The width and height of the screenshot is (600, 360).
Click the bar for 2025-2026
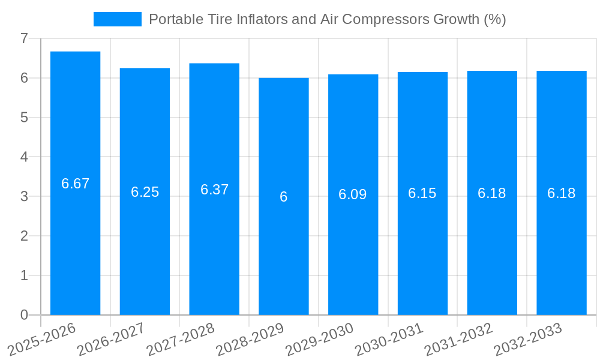click(x=75, y=240)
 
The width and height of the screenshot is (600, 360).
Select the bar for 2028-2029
click(x=284, y=252)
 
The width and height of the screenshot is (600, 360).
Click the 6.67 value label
click(x=75, y=184)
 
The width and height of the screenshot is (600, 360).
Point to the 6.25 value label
click(x=145, y=192)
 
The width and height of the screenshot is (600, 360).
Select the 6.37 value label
click(x=214, y=190)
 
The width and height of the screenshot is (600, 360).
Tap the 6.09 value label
click(x=353, y=194)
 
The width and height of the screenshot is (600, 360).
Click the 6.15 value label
click(x=422, y=193)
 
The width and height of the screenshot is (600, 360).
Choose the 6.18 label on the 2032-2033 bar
click(x=561, y=193)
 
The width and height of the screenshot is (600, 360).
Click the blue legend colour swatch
click(x=118, y=19)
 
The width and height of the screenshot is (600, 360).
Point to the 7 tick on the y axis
click(x=24, y=38)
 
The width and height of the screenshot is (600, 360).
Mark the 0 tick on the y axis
click(x=24, y=315)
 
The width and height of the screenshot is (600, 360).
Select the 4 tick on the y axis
click(x=24, y=157)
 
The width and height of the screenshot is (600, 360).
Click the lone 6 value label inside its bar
click(x=284, y=197)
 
